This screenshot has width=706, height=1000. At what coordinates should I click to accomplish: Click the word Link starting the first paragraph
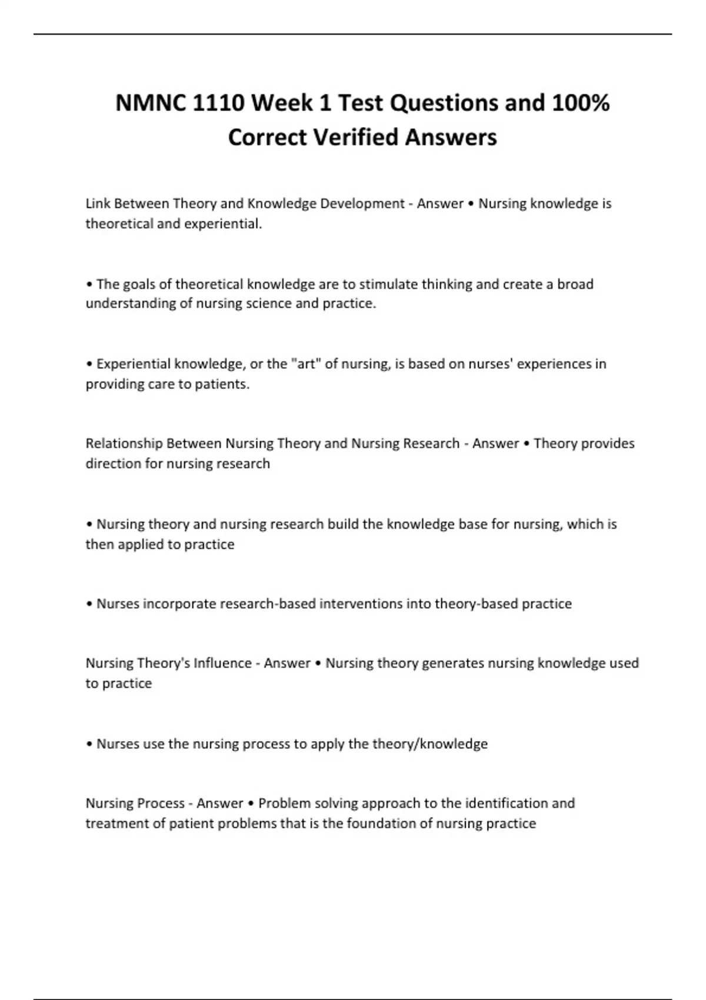click(98, 204)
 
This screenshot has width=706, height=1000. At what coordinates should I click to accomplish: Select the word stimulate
click(387, 284)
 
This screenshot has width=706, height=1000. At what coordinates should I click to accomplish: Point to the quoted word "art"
click(305, 364)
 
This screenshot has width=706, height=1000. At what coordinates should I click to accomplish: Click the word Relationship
click(124, 444)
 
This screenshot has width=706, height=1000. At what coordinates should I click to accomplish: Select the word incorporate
click(179, 604)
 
